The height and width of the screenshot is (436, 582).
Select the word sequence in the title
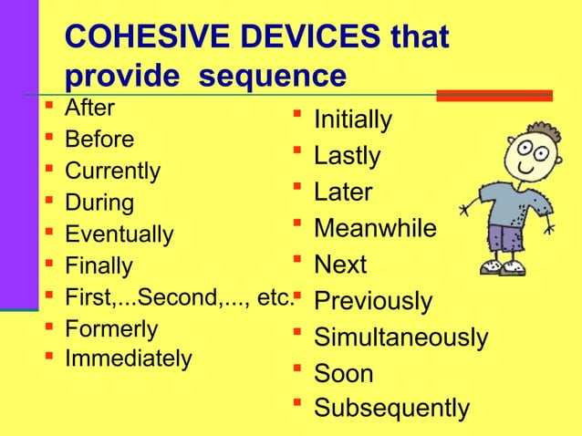tap(273, 76)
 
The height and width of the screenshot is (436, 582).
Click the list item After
tap(89, 108)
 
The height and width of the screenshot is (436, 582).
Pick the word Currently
tap(112, 171)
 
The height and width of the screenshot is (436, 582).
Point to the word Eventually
tap(119, 235)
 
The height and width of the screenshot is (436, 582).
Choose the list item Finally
tap(99, 267)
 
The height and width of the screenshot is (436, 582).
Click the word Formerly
tap(111, 329)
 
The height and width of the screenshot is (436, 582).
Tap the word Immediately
tap(128, 359)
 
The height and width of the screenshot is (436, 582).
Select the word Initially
tap(353, 120)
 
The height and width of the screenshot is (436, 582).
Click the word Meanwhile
tap(375, 229)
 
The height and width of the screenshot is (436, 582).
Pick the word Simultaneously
tap(400, 338)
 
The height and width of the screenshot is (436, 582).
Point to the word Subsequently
tap(392, 410)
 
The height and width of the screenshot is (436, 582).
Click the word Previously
tap(372, 302)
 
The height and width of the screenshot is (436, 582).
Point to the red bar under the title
tap(494, 95)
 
